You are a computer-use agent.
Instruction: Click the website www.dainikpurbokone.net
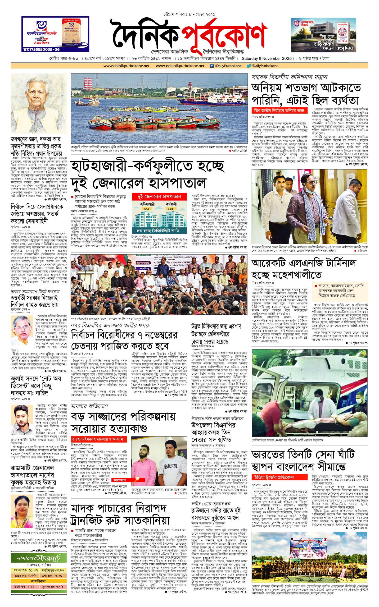coord(126,66)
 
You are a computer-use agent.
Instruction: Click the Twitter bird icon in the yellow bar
coord(249,66)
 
